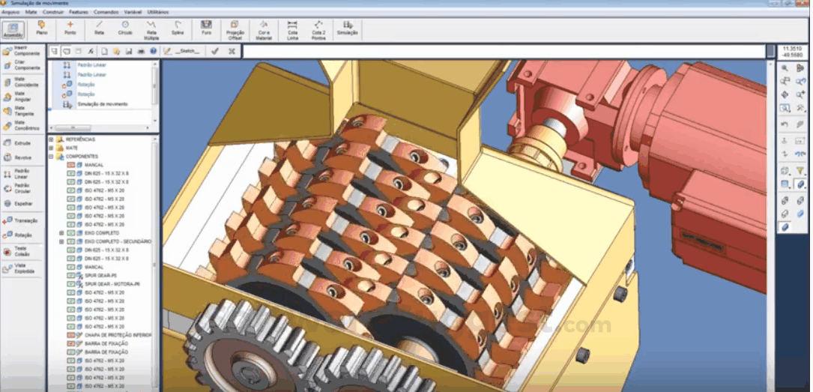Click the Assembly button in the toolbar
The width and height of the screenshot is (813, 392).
point(13,29)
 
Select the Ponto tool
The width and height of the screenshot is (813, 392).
point(70,28)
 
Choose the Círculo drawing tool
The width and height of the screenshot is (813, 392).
point(125,28)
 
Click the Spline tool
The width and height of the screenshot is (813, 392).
point(178,28)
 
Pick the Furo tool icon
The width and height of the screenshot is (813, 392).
point(206,28)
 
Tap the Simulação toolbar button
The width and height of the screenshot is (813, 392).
point(347,28)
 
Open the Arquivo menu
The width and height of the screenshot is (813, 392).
point(10,12)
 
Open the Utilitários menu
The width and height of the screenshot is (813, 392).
point(158,12)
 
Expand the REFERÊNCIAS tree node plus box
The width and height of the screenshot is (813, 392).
point(51,139)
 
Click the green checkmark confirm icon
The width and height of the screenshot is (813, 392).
point(214,51)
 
